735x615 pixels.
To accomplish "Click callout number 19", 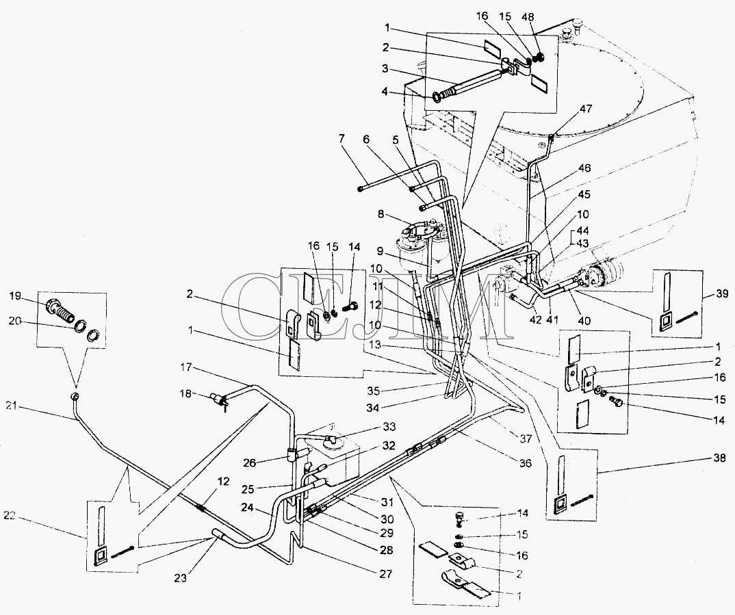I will click(x=14, y=297).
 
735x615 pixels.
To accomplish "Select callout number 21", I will click(x=10, y=407).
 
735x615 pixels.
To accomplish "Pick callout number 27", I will click(x=387, y=573).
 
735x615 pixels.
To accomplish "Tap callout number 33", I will click(x=388, y=427).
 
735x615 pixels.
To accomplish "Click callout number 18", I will click(x=185, y=393).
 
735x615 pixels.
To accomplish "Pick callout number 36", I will click(x=525, y=462).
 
